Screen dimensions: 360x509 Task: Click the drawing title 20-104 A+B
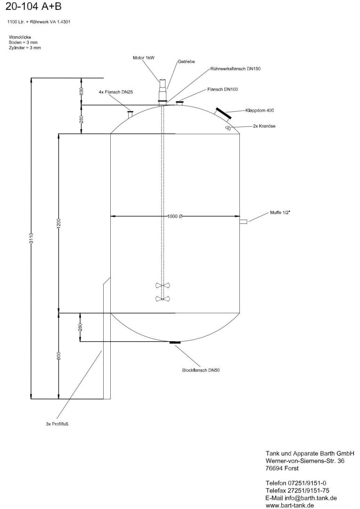33,7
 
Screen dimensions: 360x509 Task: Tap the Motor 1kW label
143,58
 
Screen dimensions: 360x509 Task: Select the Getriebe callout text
186,62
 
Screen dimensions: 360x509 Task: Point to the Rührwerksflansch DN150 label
235,69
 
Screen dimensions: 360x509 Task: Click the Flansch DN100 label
223,89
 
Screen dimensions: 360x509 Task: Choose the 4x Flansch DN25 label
116,92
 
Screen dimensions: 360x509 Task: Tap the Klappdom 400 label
262,110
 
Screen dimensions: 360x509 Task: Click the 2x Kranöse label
264,126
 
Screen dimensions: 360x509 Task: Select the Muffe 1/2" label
280,213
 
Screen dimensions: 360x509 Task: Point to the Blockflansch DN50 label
201,370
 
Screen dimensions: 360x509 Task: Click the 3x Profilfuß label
57,424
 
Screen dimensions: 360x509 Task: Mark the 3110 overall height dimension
31,238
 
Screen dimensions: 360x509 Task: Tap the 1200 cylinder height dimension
59,223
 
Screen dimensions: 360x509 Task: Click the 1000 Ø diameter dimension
175,216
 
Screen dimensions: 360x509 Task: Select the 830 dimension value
82,91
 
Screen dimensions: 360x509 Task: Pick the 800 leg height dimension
59,356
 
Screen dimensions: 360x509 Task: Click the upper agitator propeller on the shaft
163,286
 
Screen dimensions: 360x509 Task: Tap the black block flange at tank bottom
175,343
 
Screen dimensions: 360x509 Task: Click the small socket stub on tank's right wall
244,222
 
